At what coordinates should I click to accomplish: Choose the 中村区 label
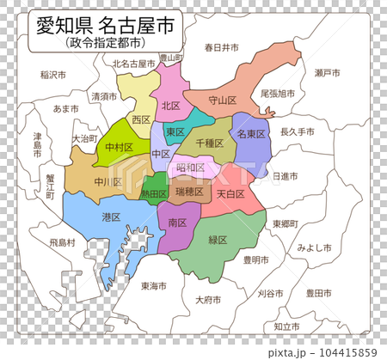coord(119,148)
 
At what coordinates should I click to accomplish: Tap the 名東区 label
coord(251,134)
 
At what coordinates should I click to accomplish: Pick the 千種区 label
coord(210,144)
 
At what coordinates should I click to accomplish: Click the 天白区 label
coord(230,194)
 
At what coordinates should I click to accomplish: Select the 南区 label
coord(178,223)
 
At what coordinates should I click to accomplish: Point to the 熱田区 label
coord(154,194)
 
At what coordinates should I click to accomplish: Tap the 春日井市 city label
coord(221,48)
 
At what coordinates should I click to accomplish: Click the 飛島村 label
coord(62,243)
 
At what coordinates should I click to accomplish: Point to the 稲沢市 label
coord(54,75)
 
